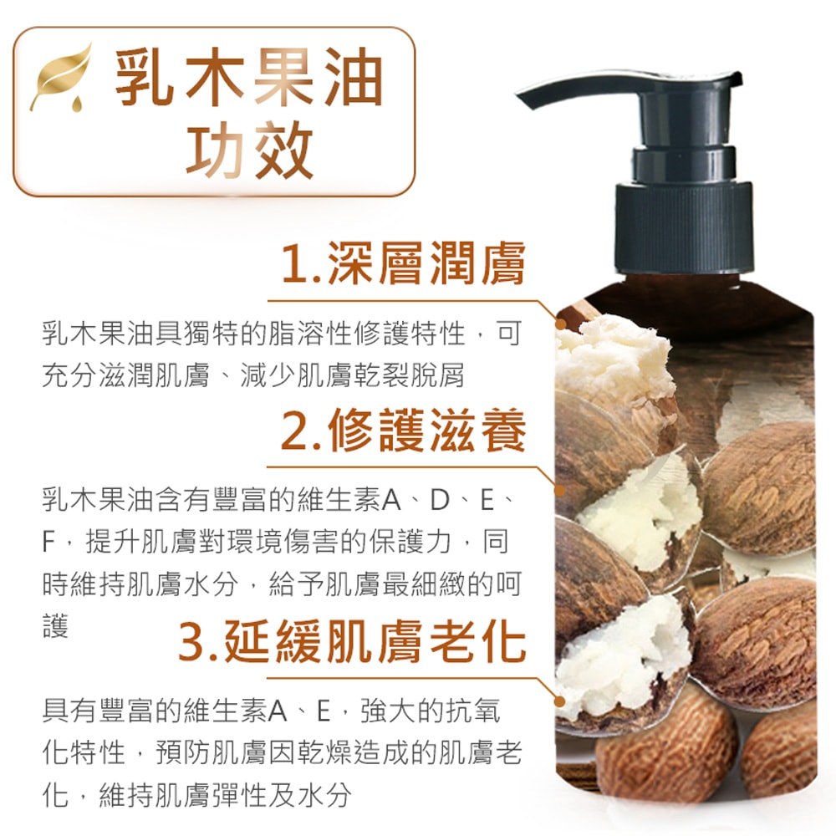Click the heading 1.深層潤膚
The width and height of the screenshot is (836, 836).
pos(403,264)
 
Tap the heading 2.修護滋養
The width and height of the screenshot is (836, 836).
pos(403,432)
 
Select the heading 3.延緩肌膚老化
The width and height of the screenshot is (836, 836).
pos(352,641)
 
